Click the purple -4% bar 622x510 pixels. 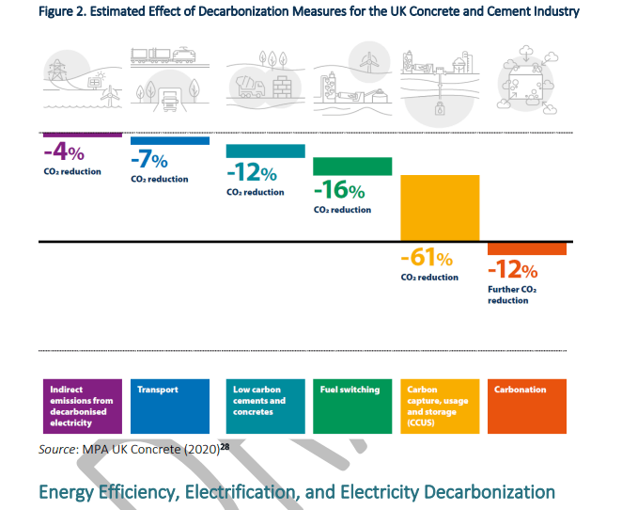pyautogui.click(x=83, y=135)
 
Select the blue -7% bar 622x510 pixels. pyautogui.click(x=169, y=141)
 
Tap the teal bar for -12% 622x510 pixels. pyautogui.click(x=266, y=151)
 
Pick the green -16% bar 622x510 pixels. pyautogui.click(x=352, y=167)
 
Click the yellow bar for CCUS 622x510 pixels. pyautogui.click(x=440, y=208)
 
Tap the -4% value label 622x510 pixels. pyautogui.click(x=64, y=152)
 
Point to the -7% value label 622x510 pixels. pyautogui.click(x=150, y=159)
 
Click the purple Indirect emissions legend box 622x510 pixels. pyautogui.click(x=83, y=406)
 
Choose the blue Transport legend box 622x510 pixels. pyautogui.click(x=169, y=406)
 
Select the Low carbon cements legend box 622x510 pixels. pyautogui.click(x=266, y=406)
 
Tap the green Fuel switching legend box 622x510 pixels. pyautogui.click(x=352, y=406)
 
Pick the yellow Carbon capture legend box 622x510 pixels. pyautogui.click(x=440, y=406)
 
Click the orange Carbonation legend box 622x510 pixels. pyautogui.click(x=527, y=406)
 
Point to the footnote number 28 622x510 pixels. pyautogui.click(x=225, y=447)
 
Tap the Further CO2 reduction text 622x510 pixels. pyautogui.click(x=513, y=295)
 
